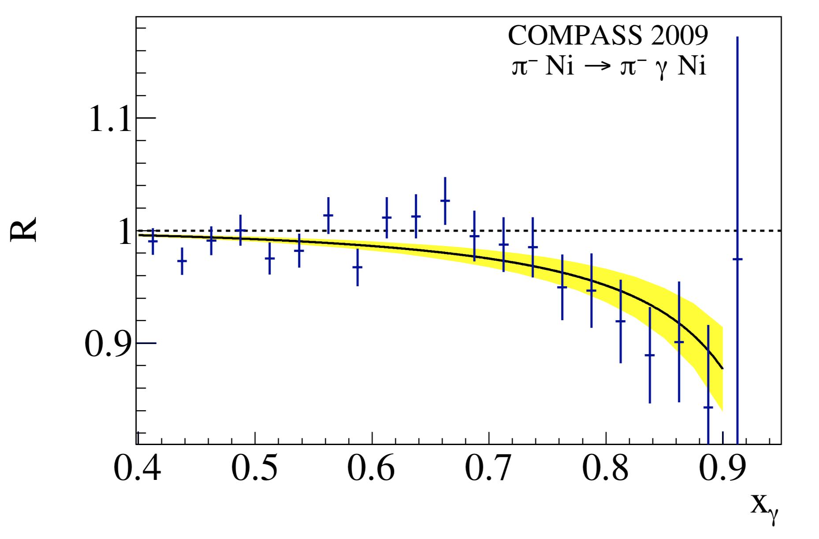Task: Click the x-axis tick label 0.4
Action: pyautogui.click(x=137, y=468)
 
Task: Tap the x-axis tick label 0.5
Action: pyautogui.click(x=254, y=468)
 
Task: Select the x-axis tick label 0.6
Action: pyautogui.click(x=371, y=468)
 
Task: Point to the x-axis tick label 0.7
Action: pyautogui.click(x=488, y=468)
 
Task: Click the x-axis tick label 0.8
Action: pyautogui.click(x=605, y=468)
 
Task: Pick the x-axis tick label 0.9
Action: pyautogui.click(x=722, y=468)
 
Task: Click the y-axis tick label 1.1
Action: pyautogui.click(x=110, y=119)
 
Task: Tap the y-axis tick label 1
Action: pyautogui.click(x=125, y=232)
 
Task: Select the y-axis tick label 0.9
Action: pyautogui.click(x=108, y=344)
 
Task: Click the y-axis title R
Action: pyautogui.click(x=24, y=229)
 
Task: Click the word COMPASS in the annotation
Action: pyautogui.click(x=575, y=35)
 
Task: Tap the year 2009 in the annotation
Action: pyautogui.click(x=680, y=35)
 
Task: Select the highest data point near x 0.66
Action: pyautogui.click(x=445, y=201)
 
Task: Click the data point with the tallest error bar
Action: pyautogui.click(x=737, y=259)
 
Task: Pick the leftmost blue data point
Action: pyautogui.click(x=153, y=241)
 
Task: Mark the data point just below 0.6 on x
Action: pyautogui.click(x=357, y=267)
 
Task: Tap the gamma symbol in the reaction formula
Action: pyautogui.click(x=662, y=69)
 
